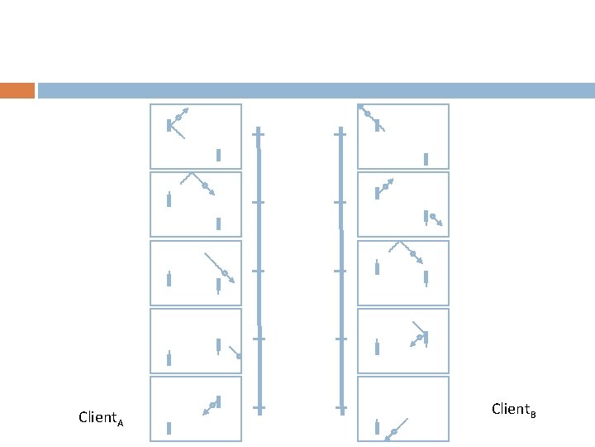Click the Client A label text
coord(101,417)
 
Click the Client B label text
coord(513,409)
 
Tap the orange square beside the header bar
coord(17,90)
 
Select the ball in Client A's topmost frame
coord(178,118)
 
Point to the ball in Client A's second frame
coord(205,185)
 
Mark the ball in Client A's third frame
coord(224,272)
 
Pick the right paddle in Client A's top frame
coord(218,155)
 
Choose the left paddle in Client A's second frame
coord(169,199)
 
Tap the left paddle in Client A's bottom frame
coord(169,428)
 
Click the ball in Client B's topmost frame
coord(368,113)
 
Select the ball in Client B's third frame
coord(412,253)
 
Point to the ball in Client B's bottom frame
coord(394,432)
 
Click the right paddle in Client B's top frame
coord(426,159)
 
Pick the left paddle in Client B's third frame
coord(377,267)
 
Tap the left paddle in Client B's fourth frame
coord(377,347)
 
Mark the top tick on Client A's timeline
coord(259,132)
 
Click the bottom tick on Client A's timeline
coord(259,408)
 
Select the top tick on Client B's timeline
coord(340,132)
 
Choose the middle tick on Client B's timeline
coord(340,271)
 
